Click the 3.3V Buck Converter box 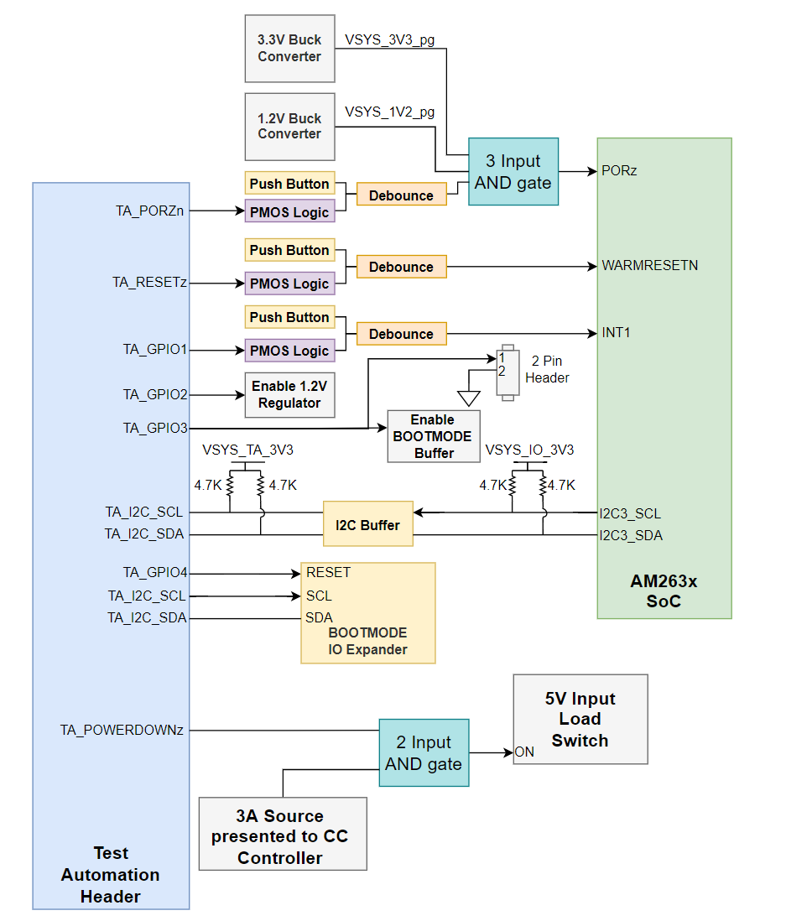pos(289,49)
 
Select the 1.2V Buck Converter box pos(289,126)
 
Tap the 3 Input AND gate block pos(513,172)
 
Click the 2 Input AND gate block pos(424,752)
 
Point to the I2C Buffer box pos(368,524)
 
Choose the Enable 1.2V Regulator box pos(289,395)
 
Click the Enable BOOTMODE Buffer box pos(433,436)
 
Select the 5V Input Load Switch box pos(580,719)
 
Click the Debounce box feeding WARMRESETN pos(401,267)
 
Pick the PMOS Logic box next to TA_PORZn pos(289,212)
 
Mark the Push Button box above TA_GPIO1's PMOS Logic pos(289,317)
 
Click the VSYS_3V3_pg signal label pos(389,39)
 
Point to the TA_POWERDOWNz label pos(122,730)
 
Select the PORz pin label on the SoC pos(619,170)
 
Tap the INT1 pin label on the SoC pos(616,333)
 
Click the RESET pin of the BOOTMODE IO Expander pos(328,573)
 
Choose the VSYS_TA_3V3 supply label pos(247,450)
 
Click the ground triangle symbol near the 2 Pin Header pos(468,397)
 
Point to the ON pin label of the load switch pos(524,752)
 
